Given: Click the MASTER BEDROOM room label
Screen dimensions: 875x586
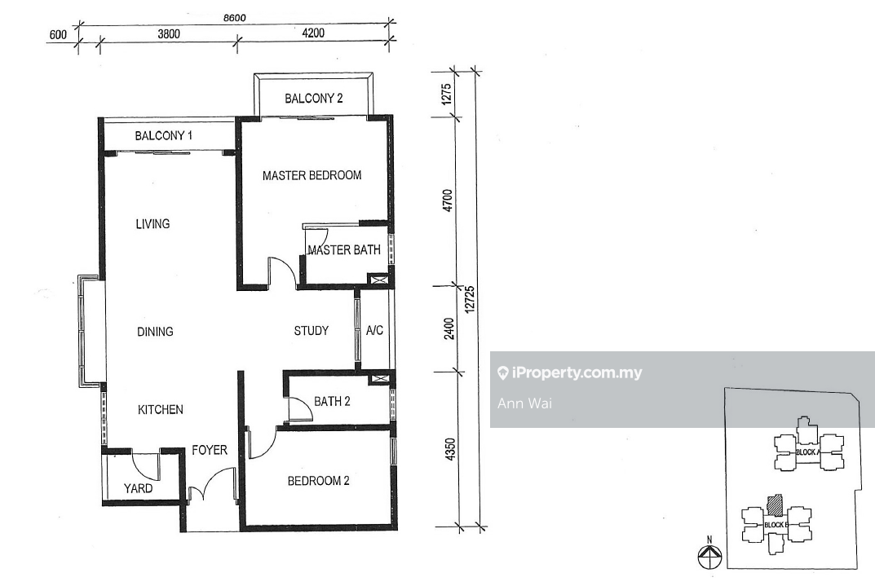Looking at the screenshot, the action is [312, 175].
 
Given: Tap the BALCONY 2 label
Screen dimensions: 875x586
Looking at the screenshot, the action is [314, 99].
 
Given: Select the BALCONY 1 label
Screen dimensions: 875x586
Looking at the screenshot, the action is [164, 135].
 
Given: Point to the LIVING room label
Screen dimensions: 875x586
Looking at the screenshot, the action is [153, 224].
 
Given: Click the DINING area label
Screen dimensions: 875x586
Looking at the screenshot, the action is [155, 332].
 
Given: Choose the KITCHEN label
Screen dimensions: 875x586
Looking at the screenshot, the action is [160, 410].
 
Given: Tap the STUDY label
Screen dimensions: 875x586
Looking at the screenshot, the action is [312, 331].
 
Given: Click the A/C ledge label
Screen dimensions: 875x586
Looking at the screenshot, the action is [374, 331].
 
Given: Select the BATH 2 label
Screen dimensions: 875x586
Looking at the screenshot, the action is [332, 402].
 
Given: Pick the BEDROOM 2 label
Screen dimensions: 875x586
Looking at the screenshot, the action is [319, 481].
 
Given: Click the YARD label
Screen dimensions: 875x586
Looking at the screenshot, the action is [139, 488].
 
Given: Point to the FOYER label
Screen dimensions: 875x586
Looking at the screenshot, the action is [210, 450].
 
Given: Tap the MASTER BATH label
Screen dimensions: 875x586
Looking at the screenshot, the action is [344, 250].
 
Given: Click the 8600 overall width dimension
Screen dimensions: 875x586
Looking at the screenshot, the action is [234, 18].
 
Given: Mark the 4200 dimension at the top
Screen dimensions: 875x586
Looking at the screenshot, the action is [313, 33].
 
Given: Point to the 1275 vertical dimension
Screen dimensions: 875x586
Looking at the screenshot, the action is [446, 95].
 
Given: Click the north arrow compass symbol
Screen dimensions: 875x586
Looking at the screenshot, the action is [709, 555].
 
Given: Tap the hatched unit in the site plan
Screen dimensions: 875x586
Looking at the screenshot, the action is [775, 506].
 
